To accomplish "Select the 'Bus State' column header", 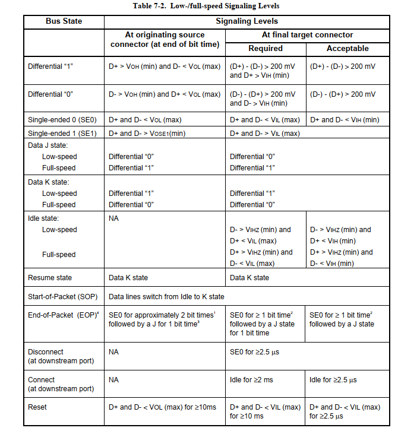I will coord(64,21).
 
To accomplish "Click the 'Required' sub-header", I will coord(265,48).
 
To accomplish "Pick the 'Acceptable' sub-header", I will coord(347,48).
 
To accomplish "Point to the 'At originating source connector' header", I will coord(165,40).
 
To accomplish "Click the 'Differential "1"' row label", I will coord(52,66).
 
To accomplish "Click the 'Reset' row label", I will coord(37,407).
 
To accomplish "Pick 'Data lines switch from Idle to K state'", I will coord(166,296).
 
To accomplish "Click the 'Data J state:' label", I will coord(48,145).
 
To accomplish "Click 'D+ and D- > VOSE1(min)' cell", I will coord(147,134).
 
